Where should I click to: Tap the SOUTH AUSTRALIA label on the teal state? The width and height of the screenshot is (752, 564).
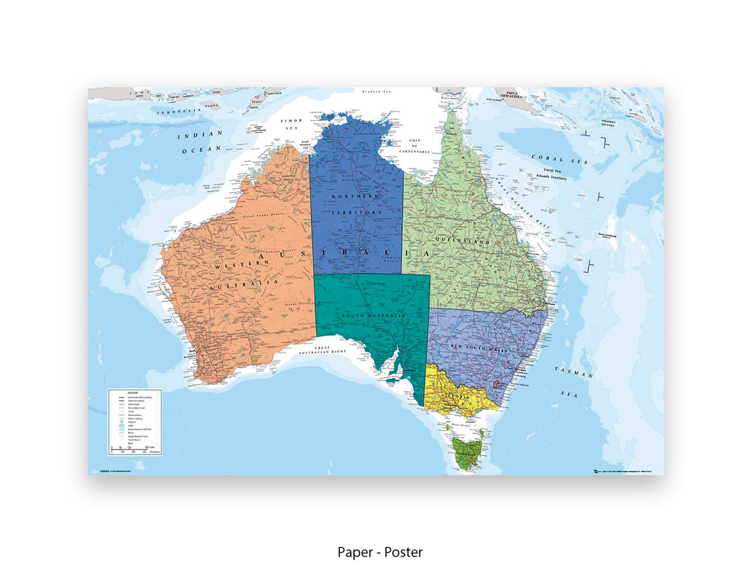point(374,316)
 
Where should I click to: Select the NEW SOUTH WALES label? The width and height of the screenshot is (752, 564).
point(479,348)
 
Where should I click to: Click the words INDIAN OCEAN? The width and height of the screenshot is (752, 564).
point(201,142)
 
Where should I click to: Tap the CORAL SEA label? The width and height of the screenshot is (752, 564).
point(559,159)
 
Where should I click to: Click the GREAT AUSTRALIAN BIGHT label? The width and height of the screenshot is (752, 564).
point(322,350)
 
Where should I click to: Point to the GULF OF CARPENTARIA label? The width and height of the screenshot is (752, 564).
point(414,146)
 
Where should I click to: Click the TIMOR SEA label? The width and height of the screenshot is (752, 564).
point(291,124)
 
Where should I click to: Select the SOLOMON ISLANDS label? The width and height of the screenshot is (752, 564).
point(608,123)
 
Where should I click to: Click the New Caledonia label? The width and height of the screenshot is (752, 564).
point(607,236)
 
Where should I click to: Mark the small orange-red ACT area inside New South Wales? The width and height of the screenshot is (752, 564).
point(495,383)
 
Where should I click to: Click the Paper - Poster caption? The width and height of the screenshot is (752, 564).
point(380,552)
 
